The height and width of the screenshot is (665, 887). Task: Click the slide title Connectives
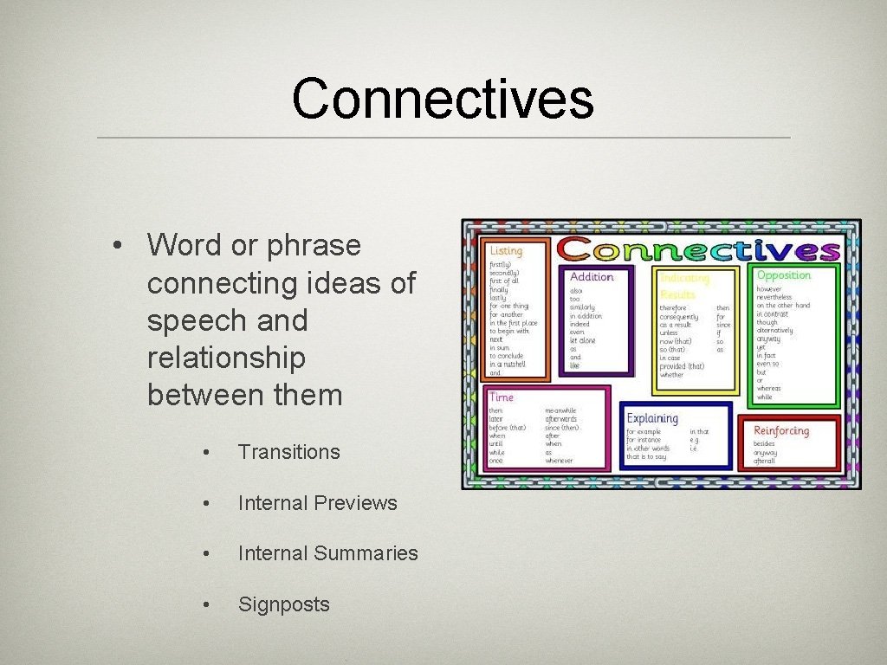coord(443,99)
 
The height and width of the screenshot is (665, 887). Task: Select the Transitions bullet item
coord(288,452)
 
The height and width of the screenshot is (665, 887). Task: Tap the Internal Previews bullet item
coord(317,503)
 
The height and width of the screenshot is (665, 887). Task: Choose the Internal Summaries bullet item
coord(327,553)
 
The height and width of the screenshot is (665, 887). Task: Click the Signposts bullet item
coord(283,604)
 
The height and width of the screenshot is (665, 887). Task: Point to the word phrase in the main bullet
coord(314,246)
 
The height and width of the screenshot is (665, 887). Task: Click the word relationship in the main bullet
coord(226,358)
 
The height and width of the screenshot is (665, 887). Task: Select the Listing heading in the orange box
coord(507,250)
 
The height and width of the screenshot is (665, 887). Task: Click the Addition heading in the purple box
coord(592,277)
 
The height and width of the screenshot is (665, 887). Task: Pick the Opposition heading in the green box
coord(783,275)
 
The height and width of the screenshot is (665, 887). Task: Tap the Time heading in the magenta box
coord(501,397)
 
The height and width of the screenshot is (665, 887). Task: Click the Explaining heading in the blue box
coord(651,418)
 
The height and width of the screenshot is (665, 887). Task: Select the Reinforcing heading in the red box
coord(780,430)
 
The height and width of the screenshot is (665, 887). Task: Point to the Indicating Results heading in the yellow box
coord(683,286)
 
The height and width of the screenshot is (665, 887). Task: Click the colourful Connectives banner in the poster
coord(698,249)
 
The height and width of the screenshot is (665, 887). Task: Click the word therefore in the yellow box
coord(673,308)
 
